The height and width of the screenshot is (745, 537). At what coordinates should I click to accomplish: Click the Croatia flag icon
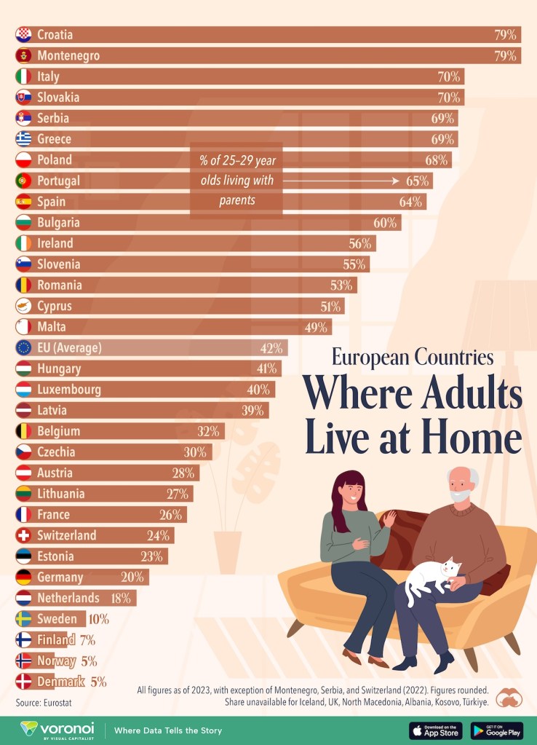tap(24, 34)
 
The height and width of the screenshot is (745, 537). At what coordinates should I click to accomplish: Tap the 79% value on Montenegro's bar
tap(505, 55)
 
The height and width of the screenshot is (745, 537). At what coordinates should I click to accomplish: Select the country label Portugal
tap(58, 181)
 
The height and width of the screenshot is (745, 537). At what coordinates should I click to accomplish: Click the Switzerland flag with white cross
tap(24, 535)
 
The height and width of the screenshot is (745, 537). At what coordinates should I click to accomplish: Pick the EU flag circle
tap(24, 347)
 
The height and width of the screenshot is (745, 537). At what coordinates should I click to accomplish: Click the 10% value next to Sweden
tap(98, 619)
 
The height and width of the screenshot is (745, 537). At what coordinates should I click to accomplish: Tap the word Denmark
tap(60, 682)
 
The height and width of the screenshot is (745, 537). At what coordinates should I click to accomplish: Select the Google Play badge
tap(497, 730)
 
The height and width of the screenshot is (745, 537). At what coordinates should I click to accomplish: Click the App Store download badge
tap(435, 730)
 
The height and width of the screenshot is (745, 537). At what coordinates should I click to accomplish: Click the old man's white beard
tap(461, 496)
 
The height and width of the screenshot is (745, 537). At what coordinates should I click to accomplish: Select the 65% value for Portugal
tap(420, 181)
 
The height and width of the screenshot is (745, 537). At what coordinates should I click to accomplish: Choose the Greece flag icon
tap(24, 138)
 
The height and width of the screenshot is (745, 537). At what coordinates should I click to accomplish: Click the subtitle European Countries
tap(413, 358)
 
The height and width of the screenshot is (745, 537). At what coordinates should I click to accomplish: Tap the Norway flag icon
tap(24, 661)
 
